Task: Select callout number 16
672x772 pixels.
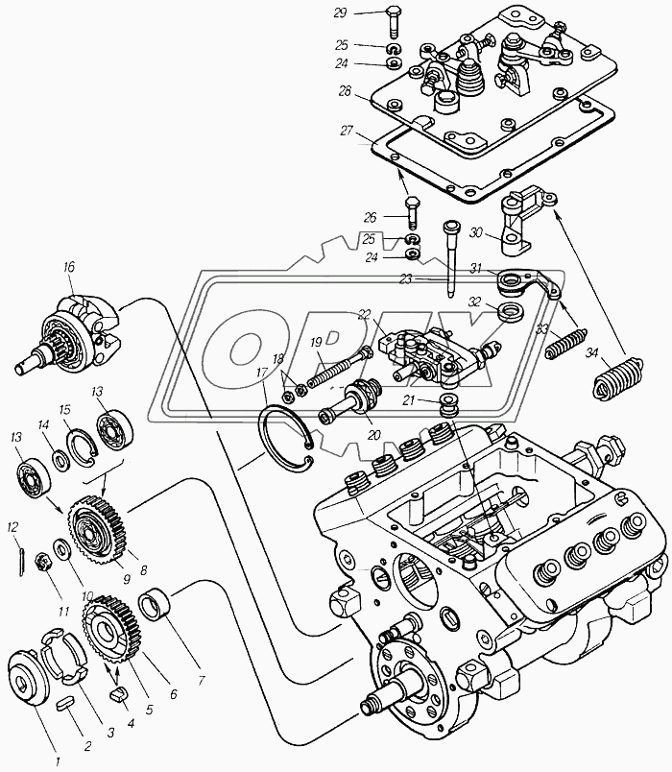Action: point(69,267)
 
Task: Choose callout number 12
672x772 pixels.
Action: point(12,527)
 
